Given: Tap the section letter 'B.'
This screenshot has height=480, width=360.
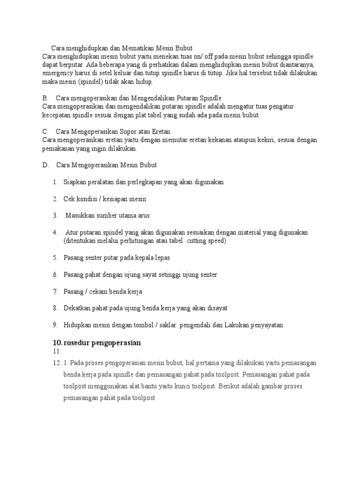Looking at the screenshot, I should (x=45, y=98).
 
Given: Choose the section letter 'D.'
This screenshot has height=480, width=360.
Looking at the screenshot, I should (x=45, y=165).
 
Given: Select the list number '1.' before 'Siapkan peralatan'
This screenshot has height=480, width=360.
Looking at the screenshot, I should (x=55, y=182).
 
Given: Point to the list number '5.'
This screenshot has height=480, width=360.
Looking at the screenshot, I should (x=55, y=258).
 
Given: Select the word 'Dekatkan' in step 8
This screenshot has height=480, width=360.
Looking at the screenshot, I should (x=78, y=308).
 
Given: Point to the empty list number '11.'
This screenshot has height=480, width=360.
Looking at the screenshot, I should (x=57, y=351).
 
